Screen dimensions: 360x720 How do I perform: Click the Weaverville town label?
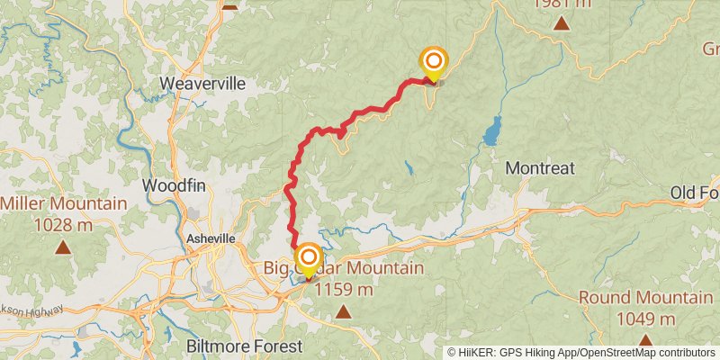click(202, 84)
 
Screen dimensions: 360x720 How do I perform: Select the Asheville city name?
click(211, 238)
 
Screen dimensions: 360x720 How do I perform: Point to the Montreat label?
click(540, 168)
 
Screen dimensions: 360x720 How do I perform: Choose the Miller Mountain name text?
click(64, 203)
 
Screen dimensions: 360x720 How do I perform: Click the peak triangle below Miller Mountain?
click(63, 246)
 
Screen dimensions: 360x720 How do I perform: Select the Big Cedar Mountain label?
click(344, 268)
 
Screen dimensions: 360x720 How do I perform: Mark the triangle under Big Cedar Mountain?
click(343, 311)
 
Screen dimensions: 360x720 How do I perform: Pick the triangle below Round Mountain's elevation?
click(644, 339)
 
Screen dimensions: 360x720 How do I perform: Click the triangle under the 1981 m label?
click(562, 22)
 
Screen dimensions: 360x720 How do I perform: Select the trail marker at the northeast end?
click(433, 62)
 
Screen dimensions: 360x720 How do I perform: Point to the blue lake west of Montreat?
click(491, 131)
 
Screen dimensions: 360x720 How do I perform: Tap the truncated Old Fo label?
click(695, 193)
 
